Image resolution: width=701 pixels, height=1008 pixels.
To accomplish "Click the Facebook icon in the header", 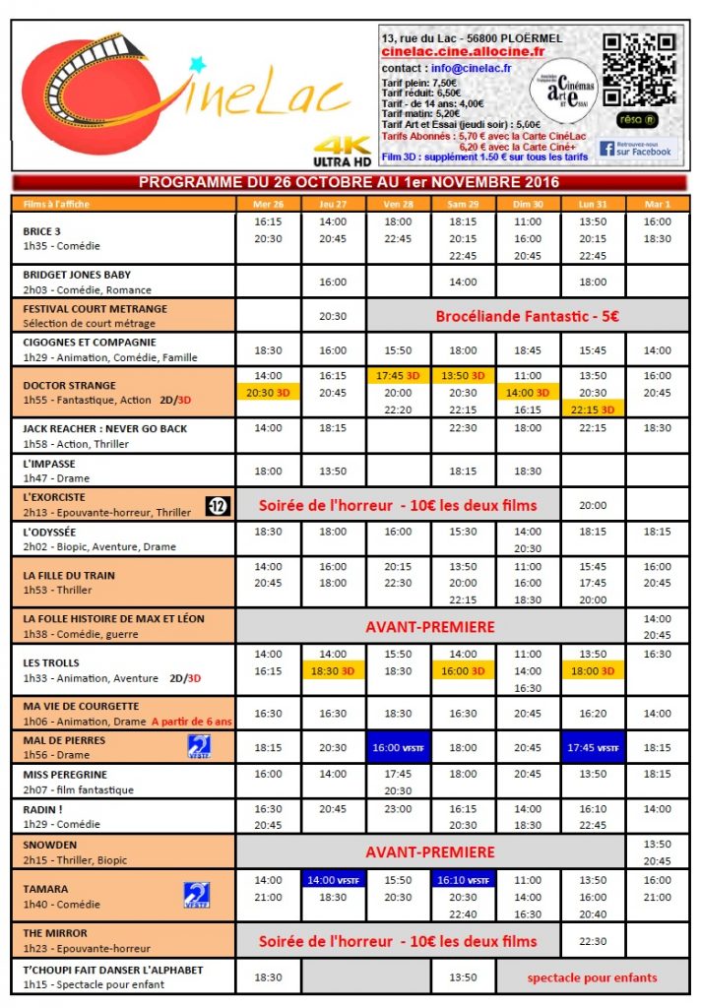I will click(x=606, y=149).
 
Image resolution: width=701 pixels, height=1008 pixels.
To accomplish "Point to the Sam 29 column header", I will click(x=463, y=204).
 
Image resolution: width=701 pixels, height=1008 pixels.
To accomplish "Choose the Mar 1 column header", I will click(x=657, y=204).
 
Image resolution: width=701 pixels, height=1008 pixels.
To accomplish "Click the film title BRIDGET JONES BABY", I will click(x=77, y=275).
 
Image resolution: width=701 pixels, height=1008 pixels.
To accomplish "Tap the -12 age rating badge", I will click(x=218, y=506).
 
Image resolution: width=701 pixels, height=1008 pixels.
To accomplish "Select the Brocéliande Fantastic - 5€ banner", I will click(x=527, y=317).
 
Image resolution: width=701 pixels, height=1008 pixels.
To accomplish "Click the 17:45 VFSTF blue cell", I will click(x=593, y=748).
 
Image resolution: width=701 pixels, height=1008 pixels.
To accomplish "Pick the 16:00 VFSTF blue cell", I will click(x=398, y=748).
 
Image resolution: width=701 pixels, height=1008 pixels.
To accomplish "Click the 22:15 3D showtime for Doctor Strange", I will click(x=593, y=409).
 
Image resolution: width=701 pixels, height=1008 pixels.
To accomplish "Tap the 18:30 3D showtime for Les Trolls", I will click(x=333, y=670).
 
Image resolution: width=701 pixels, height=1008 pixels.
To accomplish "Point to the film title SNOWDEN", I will click(x=50, y=845).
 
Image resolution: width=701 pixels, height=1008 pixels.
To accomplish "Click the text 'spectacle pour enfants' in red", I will click(x=592, y=977).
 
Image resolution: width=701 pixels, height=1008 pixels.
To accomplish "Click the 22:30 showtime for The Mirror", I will click(x=593, y=941).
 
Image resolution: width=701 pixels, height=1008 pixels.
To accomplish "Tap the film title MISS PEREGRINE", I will click(x=65, y=775).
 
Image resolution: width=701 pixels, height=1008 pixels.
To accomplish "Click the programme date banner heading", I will click(x=350, y=182).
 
